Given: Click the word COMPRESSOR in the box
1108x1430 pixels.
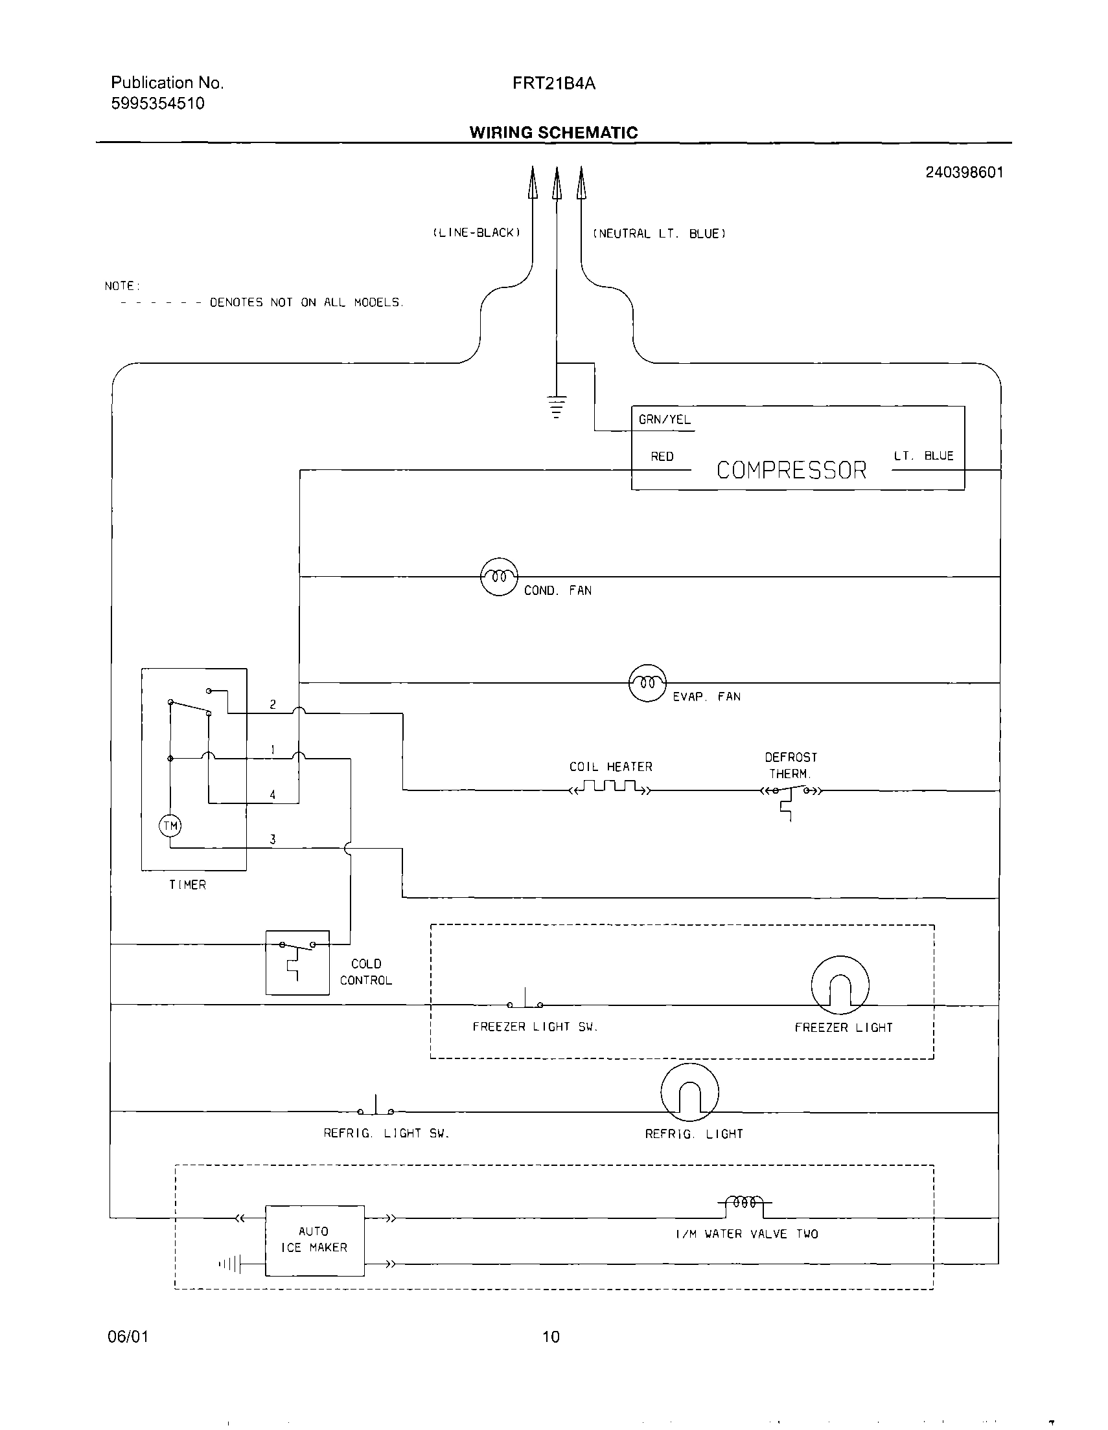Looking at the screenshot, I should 791,470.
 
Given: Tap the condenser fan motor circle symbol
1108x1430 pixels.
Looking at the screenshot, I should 500,577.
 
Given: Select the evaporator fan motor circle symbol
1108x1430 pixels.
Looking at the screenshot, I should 647,683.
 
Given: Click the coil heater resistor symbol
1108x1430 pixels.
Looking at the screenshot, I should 610,788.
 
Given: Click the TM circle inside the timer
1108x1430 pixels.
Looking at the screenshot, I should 170,825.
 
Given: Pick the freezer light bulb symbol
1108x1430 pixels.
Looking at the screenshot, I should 840,985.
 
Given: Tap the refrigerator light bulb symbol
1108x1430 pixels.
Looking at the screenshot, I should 690,1092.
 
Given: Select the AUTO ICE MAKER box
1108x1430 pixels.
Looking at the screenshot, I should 314,1240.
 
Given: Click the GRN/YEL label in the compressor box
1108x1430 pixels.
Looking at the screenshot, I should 664,419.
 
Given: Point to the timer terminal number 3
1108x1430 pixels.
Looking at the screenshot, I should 273,840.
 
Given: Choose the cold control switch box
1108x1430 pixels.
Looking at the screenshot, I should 297,963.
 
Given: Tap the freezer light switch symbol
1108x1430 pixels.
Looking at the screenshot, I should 525,1002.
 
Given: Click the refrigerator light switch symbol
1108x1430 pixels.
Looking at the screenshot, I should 375,1108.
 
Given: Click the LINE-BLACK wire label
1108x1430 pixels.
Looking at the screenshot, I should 476,233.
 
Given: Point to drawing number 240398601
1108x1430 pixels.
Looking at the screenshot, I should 964,172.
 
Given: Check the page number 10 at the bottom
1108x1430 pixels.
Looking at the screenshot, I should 551,1337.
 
